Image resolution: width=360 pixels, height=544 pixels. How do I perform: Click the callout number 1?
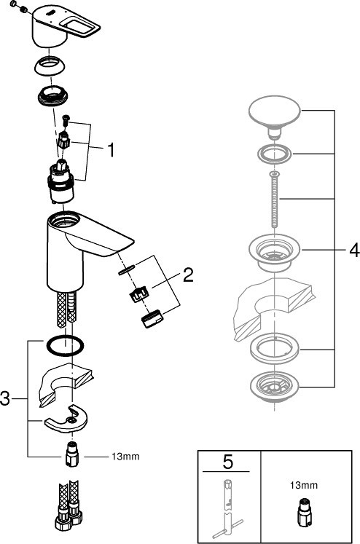111,150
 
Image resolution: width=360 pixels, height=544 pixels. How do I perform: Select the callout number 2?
188,275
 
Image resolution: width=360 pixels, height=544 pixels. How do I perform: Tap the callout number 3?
5,398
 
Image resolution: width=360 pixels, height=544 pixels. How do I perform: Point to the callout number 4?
354,250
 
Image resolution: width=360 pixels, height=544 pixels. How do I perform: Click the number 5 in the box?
228,462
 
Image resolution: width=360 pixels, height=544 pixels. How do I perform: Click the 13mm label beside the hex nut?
125,456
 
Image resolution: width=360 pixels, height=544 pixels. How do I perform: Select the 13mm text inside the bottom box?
304,485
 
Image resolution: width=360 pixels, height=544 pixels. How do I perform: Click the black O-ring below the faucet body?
64,346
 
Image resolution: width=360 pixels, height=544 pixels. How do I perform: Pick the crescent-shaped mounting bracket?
66,419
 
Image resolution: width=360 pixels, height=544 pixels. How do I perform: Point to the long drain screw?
274,199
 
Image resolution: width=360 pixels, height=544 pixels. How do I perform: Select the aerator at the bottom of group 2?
152,318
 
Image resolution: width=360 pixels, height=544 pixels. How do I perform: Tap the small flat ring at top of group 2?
127,269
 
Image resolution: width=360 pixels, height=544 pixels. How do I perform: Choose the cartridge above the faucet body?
60,182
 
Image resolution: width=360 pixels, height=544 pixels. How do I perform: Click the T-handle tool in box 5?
227,508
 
